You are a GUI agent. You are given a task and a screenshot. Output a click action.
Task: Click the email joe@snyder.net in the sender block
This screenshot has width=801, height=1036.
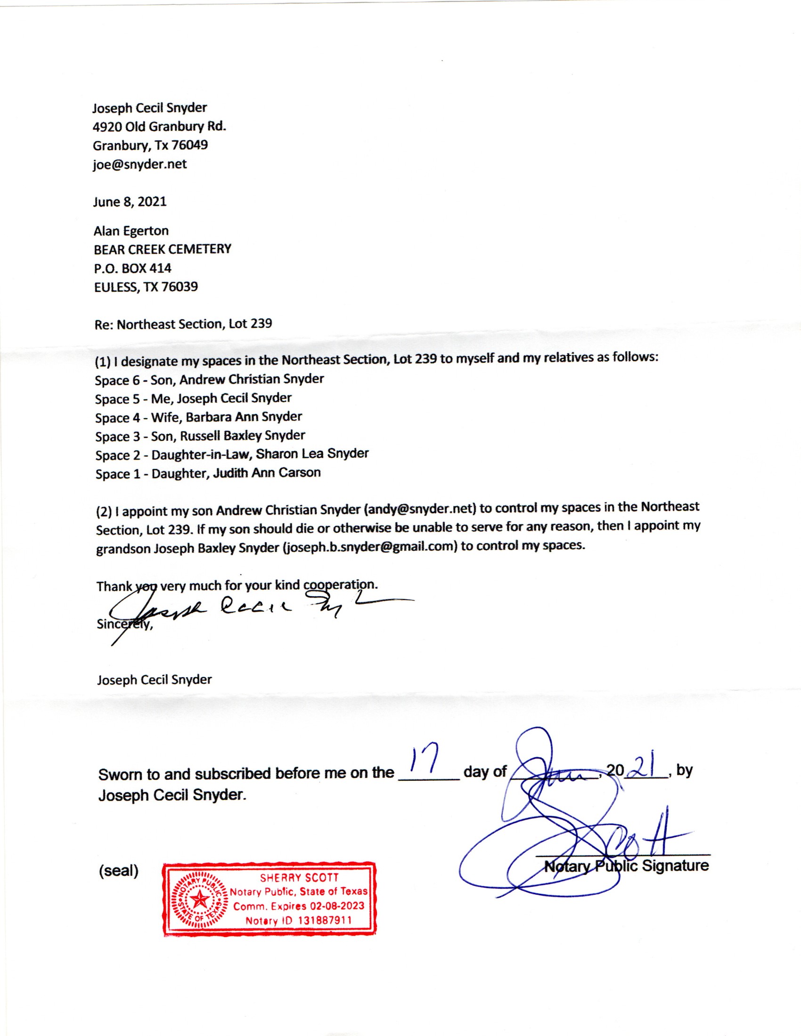139,164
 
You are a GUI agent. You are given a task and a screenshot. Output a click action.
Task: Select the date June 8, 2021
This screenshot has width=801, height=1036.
130,202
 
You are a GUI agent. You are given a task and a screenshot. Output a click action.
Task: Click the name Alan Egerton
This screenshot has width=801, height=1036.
131,231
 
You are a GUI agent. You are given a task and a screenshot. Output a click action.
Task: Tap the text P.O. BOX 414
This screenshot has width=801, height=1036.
132,268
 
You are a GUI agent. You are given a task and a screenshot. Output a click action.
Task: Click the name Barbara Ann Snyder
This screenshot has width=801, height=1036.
244,416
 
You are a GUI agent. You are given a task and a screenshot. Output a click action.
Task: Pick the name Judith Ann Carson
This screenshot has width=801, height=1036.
267,472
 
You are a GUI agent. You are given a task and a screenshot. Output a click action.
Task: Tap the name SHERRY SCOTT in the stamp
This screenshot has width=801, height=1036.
299,878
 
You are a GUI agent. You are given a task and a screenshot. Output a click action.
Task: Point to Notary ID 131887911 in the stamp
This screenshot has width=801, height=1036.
298,920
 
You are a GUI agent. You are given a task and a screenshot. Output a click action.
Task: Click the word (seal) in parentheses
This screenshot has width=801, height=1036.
119,870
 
